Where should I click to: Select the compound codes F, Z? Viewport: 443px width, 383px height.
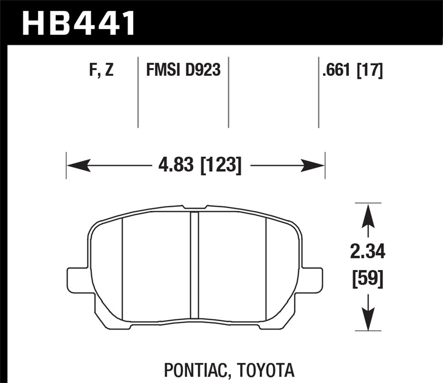tap(101, 70)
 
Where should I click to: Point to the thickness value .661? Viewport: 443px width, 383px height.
tap(337, 70)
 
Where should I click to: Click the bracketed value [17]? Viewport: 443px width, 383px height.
tap(370, 70)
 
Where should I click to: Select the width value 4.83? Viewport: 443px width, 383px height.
tap(177, 165)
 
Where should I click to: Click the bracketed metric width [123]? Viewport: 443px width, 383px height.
tap(221, 165)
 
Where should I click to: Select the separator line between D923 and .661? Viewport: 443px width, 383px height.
tap(229, 92)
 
